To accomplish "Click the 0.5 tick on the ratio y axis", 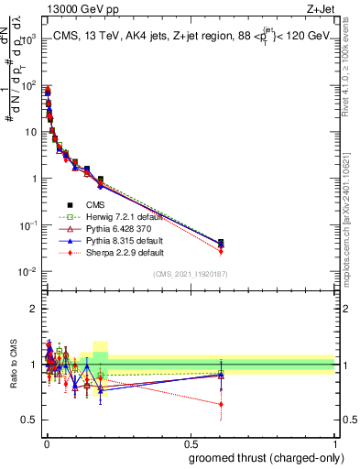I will tap(29, 420).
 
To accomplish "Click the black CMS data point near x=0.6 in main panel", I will tap(220, 243).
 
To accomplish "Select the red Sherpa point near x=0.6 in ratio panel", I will tap(220, 403).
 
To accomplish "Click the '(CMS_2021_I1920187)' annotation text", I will tap(190, 274).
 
